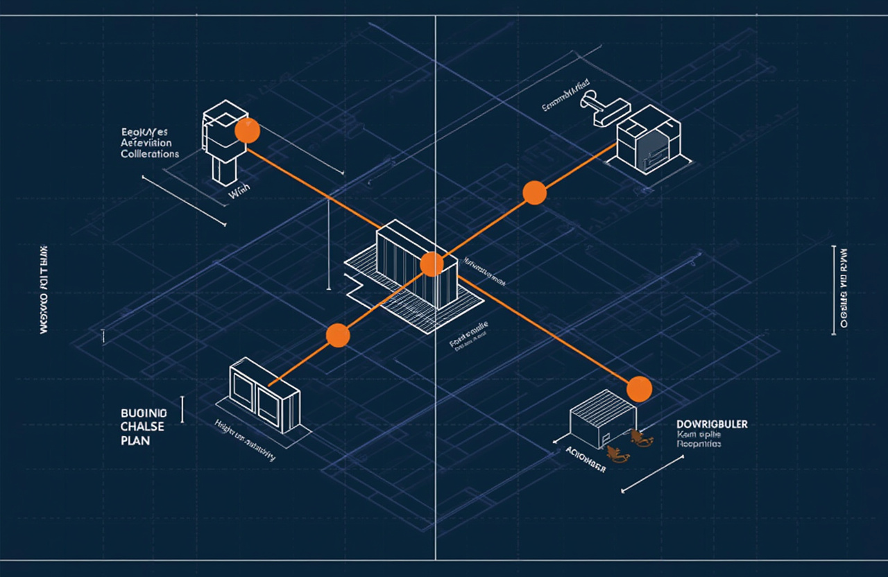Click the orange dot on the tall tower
click(x=247, y=130)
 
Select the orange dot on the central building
click(x=432, y=264)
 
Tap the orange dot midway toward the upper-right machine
click(x=534, y=192)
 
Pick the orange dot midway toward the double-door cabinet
click(x=338, y=334)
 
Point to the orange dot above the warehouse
click(x=639, y=388)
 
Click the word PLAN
click(x=135, y=440)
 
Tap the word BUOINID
click(x=144, y=411)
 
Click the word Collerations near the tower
click(x=150, y=153)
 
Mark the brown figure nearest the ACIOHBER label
click(x=617, y=454)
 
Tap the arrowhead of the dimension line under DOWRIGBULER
click(x=623, y=491)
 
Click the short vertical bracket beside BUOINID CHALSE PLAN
click(x=182, y=409)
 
